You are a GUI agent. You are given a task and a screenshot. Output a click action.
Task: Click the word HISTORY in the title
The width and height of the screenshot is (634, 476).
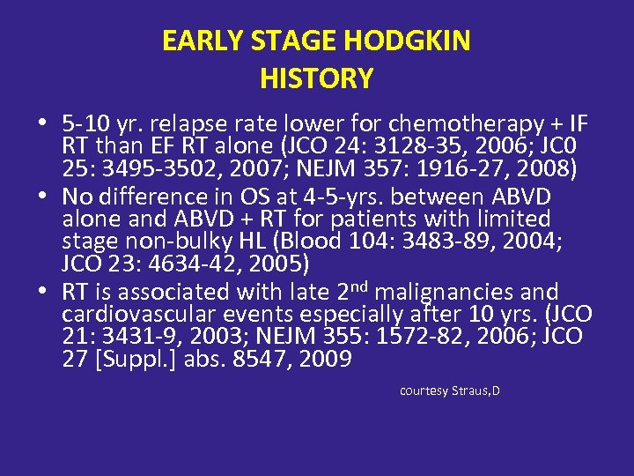click(316, 79)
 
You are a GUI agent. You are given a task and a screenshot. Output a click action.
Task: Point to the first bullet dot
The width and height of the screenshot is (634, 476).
click(43, 121)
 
